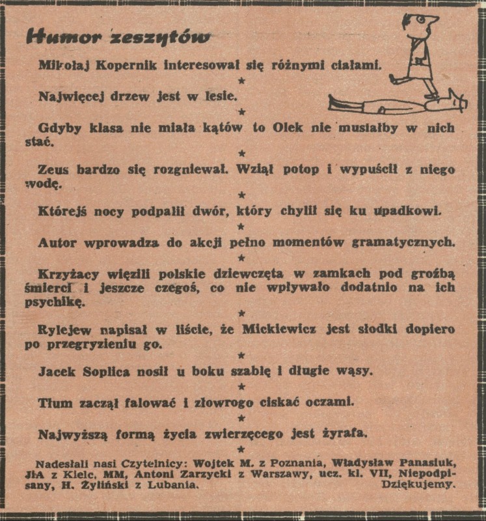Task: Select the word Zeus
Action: click(x=53, y=171)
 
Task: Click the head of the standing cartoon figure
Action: click(x=418, y=25)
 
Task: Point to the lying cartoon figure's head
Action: click(x=457, y=101)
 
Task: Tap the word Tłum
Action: click(x=55, y=402)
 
